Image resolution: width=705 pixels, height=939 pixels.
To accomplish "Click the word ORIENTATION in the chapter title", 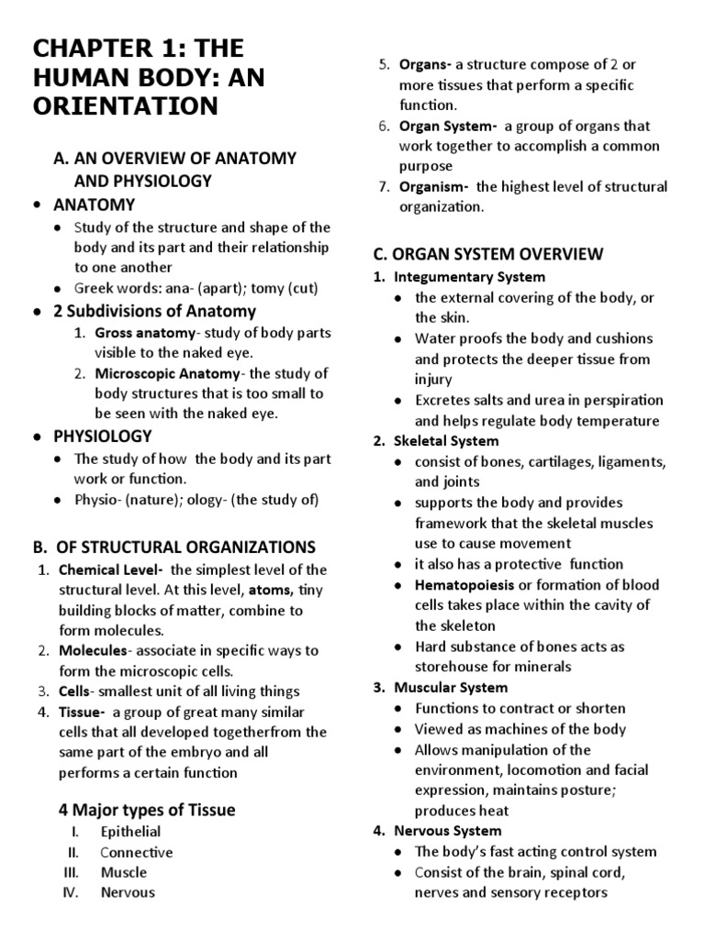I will [x=127, y=106].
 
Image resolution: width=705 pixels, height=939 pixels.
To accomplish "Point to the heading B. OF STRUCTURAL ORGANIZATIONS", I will [x=173, y=547].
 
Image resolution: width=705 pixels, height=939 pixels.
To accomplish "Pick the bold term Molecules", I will [x=92, y=650].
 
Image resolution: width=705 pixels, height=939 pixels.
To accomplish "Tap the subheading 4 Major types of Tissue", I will [x=147, y=810].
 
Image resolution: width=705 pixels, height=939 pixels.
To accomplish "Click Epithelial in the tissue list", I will [x=130, y=832].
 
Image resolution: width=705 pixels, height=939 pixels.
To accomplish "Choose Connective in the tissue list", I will [x=137, y=852].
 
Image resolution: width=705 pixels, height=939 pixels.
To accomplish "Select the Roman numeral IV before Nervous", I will [x=73, y=892].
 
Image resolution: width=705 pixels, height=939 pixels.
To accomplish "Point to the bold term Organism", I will [x=433, y=187].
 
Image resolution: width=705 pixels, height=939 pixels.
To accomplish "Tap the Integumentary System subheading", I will [x=469, y=276].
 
